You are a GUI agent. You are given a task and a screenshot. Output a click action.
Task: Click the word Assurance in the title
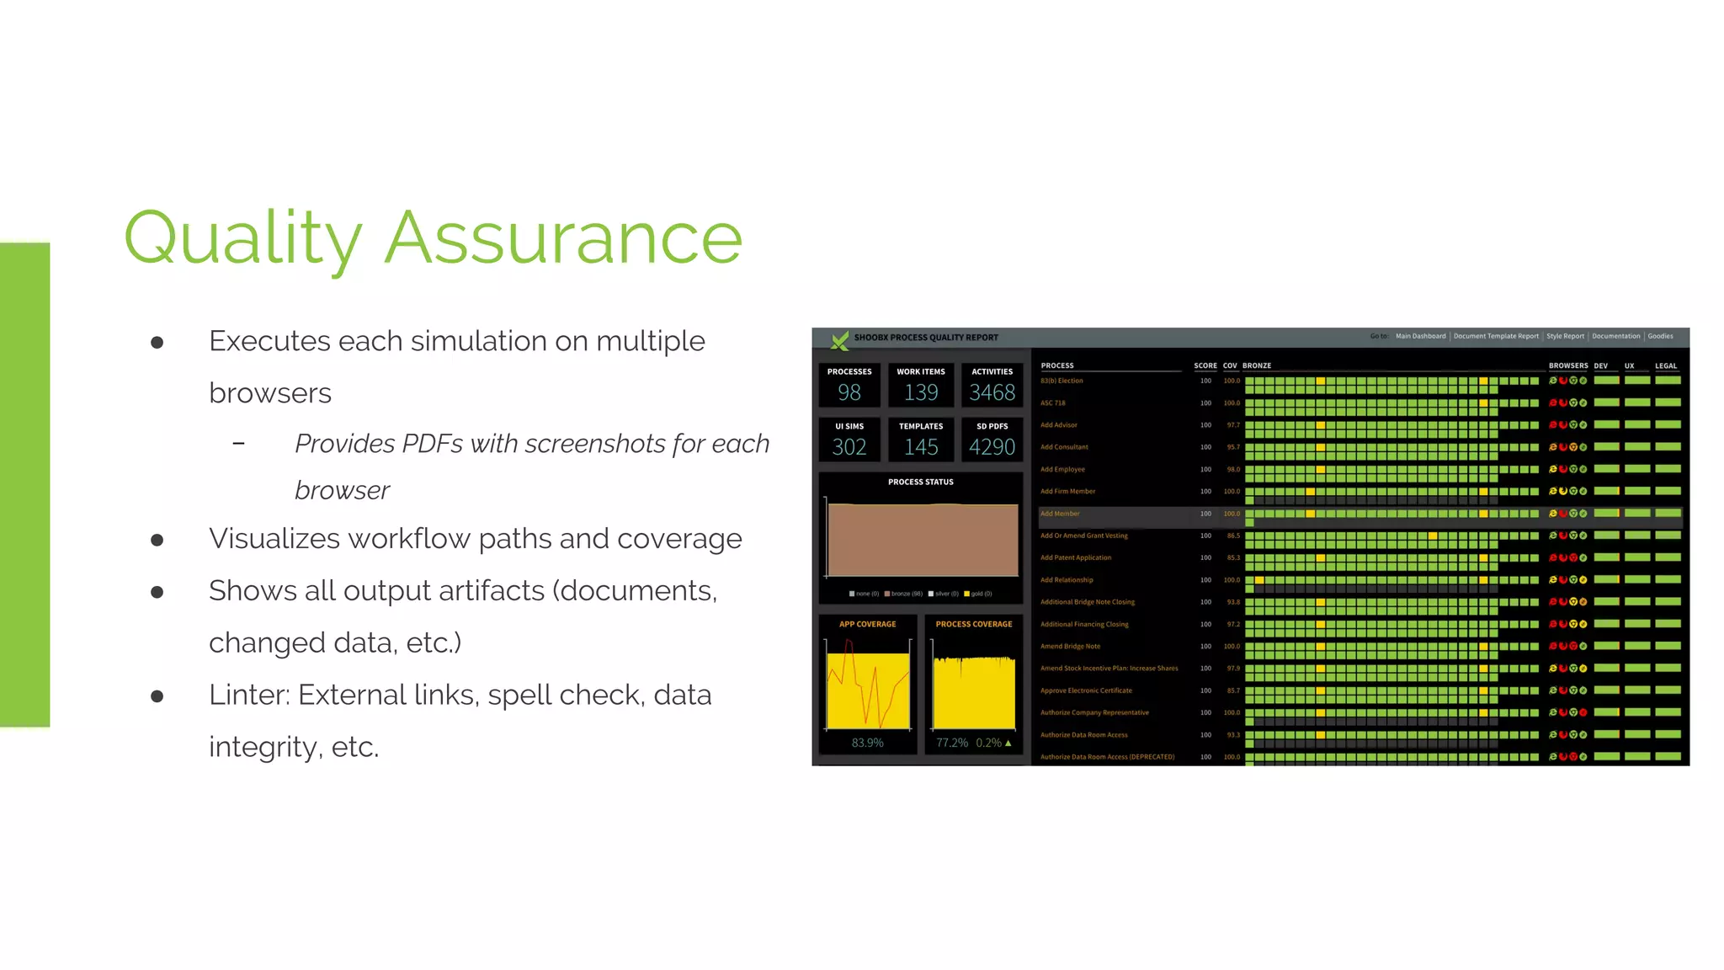[563, 238]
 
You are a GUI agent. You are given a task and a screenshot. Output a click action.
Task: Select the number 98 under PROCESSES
[849, 392]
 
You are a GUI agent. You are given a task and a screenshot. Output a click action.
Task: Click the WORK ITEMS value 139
[920, 392]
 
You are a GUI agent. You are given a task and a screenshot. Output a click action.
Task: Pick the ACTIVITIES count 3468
[992, 392]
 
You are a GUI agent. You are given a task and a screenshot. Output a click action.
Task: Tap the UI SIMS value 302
[849, 447]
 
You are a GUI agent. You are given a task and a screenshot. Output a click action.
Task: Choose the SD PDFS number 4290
[992, 447]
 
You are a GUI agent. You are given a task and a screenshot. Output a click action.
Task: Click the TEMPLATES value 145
[920, 447]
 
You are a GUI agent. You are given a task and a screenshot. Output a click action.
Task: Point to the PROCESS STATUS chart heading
[920, 482]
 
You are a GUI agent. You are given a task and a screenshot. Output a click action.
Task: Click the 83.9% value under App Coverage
[867, 743]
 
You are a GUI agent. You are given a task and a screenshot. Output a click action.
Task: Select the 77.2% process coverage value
[952, 743]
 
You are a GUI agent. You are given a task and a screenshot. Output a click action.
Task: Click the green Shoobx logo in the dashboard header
[839, 339]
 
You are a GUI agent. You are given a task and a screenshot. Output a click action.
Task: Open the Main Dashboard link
[1420, 336]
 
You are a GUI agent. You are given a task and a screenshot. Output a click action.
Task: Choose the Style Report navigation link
[1565, 336]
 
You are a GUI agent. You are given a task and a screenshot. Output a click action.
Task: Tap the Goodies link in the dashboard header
[1660, 336]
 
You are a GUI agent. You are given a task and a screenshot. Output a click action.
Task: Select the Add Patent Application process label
[1075, 557]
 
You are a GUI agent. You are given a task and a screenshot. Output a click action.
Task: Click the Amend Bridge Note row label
[1070, 647]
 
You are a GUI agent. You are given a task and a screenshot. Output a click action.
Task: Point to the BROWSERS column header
[1567, 365]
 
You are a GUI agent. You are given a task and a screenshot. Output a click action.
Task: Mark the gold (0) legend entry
[978, 594]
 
